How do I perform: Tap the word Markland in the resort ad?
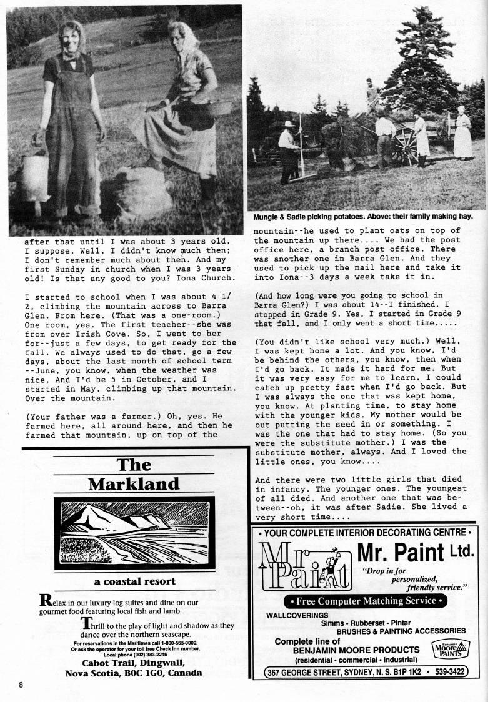(x=134, y=484)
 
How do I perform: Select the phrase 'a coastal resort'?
(x=134, y=581)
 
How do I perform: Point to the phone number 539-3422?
(x=452, y=672)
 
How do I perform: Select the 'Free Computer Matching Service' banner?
(x=365, y=601)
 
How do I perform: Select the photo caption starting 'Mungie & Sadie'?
(x=362, y=217)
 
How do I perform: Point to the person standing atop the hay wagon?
(x=371, y=94)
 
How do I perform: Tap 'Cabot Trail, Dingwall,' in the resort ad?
(x=134, y=663)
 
